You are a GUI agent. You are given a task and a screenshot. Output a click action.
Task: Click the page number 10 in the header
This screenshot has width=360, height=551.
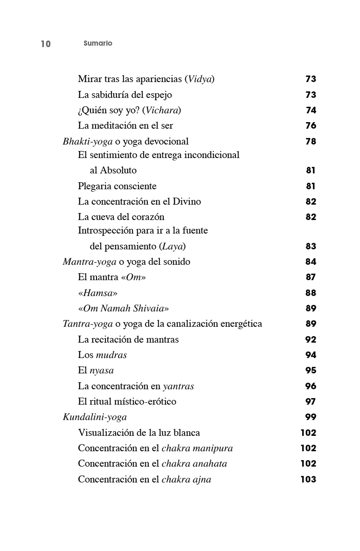[x=46, y=44]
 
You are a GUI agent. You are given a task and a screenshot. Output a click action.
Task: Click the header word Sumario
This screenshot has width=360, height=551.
[x=98, y=43]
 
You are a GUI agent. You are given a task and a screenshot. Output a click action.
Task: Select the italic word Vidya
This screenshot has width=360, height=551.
[x=200, y=79]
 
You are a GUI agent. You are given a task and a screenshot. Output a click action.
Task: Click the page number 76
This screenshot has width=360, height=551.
[x=311, y=126]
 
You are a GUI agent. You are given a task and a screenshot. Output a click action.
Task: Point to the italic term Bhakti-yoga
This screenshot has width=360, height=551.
[x=88, y=141]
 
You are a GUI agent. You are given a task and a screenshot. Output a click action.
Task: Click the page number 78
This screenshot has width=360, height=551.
[x=311, y=141]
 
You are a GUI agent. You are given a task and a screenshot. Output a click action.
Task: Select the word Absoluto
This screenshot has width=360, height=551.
[x=118, y=171]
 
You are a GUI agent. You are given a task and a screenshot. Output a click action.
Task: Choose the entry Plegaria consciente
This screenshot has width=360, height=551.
[x=117, y=186]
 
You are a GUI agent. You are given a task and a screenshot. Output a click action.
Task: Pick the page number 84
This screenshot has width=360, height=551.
[x=311, y=262]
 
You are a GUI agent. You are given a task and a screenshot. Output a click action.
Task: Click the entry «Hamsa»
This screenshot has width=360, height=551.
[x=98, y=293]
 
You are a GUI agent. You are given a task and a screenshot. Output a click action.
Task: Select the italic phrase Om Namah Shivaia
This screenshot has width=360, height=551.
[x=124, y=309]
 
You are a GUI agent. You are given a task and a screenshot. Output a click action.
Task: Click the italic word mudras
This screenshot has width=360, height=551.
[x=111, y=355]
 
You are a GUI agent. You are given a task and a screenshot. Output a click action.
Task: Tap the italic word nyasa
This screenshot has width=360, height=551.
[x=102, y=371]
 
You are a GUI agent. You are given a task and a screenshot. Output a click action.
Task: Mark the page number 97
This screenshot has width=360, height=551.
[x=311, y=402]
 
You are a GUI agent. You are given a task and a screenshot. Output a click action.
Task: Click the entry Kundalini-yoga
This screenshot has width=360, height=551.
[x=95, y=417]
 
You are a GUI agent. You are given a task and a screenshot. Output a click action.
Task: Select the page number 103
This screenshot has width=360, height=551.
[x=308, y=479]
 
